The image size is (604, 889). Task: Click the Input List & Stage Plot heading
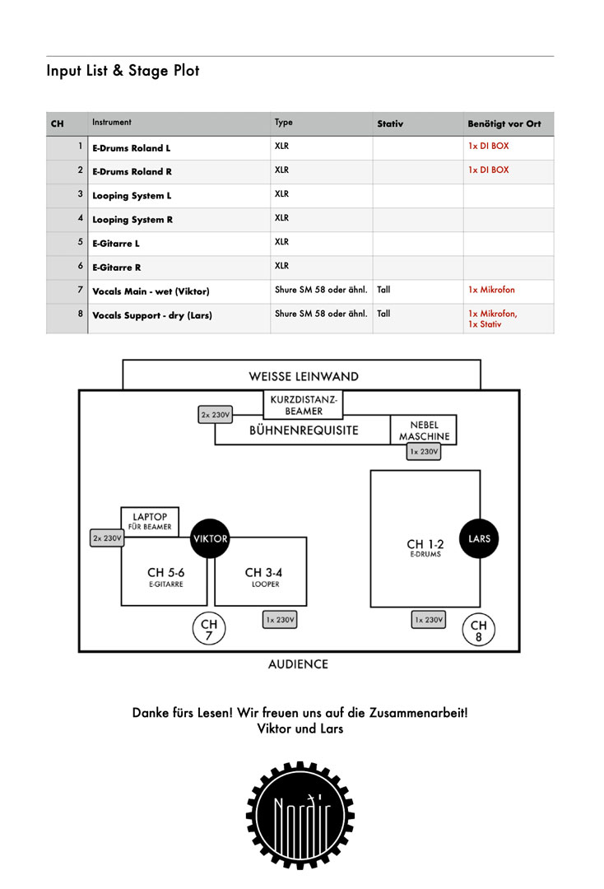[123, 70]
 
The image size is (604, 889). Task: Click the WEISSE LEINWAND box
[301, 375]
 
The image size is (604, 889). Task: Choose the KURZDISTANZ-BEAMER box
[304, 404]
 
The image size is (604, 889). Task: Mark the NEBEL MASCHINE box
[424, 431]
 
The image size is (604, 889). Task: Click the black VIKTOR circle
[210, 538]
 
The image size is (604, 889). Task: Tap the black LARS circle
[480, 538]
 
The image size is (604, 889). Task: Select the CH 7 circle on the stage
[209, 629]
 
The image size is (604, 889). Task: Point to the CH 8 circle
[479, 630]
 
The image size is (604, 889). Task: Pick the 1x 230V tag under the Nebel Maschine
[424, 452]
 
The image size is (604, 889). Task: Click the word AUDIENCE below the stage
[298, 664]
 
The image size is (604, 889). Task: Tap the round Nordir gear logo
[300, 815]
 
